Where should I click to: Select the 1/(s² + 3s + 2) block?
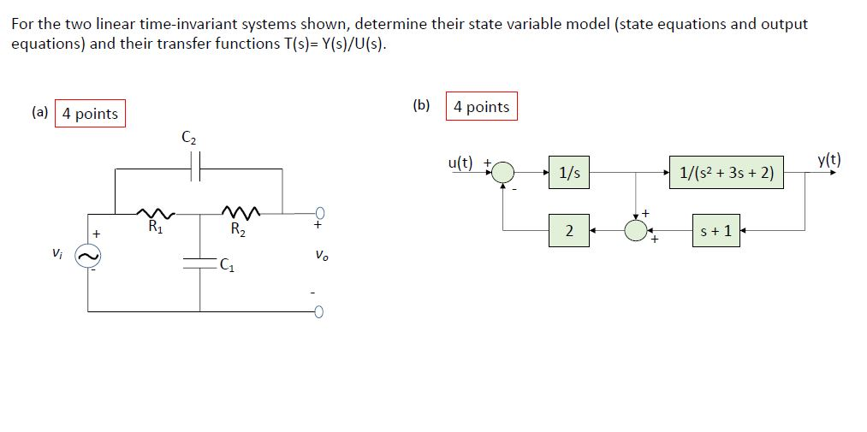727,174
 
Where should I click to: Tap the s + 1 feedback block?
716,231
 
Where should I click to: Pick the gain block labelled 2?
569,231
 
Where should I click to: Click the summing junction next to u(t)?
503,173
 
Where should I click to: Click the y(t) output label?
828,159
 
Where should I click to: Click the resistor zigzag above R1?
157,213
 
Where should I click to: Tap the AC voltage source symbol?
88,255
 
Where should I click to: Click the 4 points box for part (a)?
90,114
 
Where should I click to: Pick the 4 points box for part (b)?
481,107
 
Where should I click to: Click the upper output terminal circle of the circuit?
318,213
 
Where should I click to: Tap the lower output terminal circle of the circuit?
318,311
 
